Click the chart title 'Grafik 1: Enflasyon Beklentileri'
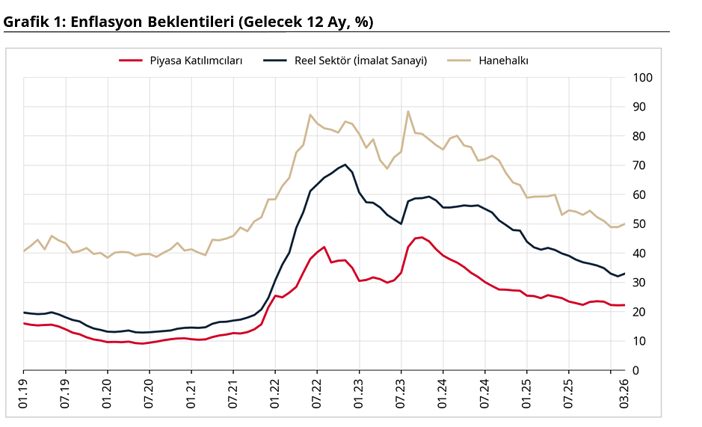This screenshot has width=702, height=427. [188, 22]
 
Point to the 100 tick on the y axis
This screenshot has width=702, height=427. [642, 78]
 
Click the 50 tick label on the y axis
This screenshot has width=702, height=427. [639, 224]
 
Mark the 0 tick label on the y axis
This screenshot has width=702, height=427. [636, 370]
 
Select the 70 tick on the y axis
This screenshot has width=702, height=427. [639, 165]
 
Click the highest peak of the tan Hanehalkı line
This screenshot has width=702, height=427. [408, 111]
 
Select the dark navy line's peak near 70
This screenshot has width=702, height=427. [345, 165]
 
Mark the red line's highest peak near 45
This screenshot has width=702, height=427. [422, 237]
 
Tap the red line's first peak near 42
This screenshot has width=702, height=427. [324, 247]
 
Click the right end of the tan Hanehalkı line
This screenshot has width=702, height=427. [624, 224]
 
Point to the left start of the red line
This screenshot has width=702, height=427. [24, 323]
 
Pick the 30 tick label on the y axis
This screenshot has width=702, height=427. [639, 283]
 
